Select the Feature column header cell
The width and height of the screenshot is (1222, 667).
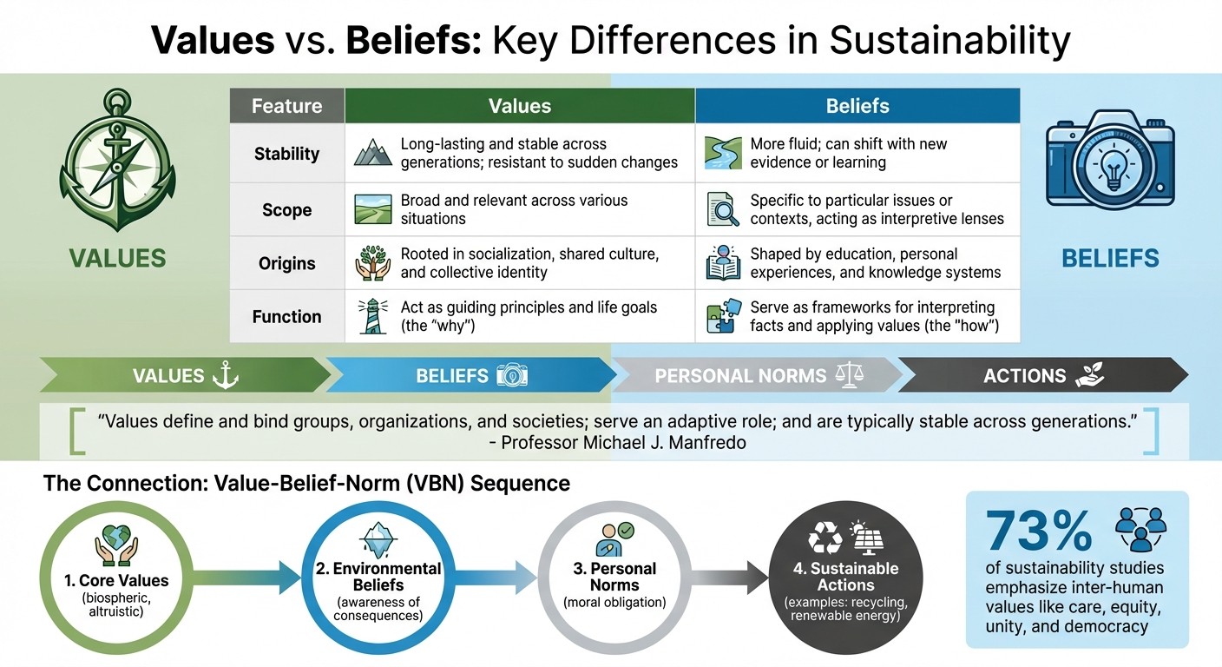[286, 106]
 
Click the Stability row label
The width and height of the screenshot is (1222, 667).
[286, 154]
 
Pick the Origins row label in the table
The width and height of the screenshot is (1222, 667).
[286, 264]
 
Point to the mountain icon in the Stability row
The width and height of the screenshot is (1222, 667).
[373, 154]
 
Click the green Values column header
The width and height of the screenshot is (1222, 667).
[519, 106]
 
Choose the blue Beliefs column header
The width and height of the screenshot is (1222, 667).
[857, 106]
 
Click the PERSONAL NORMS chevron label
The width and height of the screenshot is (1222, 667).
[740, 375]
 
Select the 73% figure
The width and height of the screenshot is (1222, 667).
[1039, 531]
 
